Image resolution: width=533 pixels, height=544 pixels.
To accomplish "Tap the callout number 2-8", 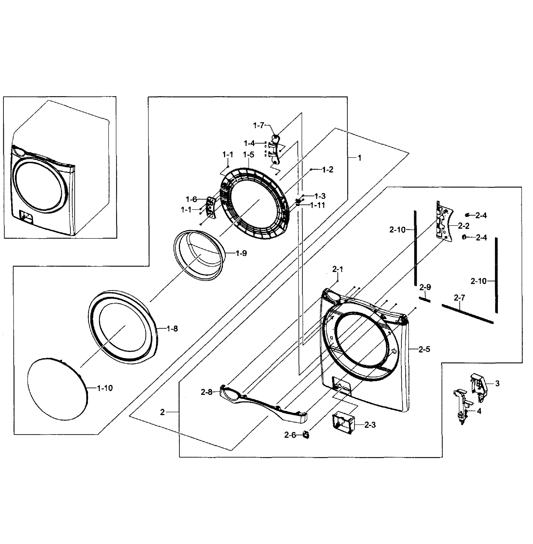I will [x=206, y=392].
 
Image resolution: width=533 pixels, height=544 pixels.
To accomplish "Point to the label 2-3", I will [x=370, y=425].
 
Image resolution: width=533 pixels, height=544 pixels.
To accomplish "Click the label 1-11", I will [x=317, y=205].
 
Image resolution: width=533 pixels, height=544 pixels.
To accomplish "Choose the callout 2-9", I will [x=425, y=287].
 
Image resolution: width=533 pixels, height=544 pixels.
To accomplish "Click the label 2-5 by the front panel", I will [x=424, y=349].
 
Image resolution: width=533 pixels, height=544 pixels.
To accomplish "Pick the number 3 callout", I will [x=497, y=384].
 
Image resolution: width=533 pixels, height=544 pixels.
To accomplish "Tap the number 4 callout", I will [x=479, y=411].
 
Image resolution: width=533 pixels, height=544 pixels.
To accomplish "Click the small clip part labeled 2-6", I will [x=306, y=435].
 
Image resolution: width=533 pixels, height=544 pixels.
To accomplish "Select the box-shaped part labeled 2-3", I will [x=343, y=423].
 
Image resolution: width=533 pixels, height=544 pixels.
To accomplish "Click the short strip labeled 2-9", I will [x=424, y=300].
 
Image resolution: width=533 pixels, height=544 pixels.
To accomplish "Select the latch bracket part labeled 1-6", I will [x=211, y=207].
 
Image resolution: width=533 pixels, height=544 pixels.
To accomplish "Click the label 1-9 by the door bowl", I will [x=241, y=253].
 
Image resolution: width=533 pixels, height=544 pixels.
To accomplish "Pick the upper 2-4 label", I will [x=481, y=215].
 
